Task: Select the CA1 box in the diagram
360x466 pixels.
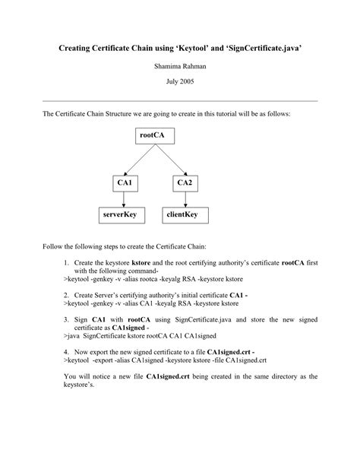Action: click(x=124, y=182)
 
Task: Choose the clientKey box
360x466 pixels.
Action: click(x=183, y=215)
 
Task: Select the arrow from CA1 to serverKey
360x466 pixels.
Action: click(x=124, y=198)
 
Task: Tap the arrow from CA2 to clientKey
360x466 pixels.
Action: click(x=183, y=198)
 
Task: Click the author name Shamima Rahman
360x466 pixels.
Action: click(x=179, y=66)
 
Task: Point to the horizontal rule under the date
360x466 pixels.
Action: click(x=179, y=100)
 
